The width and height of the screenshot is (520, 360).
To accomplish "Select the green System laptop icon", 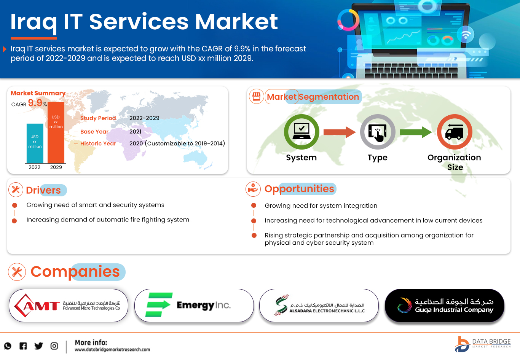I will pyautogui.click(x=301, y=132).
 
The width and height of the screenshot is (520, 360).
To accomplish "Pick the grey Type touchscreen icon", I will pyautogui.click(x=378, y=132).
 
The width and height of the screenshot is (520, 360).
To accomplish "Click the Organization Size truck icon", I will pyautogui.click(x=455, y=132).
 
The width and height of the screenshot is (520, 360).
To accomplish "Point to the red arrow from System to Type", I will pyautogui.click(x=339, y=132).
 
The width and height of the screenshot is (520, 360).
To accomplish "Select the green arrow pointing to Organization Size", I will pyautogui.click(x=415, y=132).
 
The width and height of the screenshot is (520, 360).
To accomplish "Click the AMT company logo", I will pyautogui.click(x=69, y=306).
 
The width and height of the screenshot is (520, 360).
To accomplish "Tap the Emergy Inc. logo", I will pyautogui.click(x=194, y=305).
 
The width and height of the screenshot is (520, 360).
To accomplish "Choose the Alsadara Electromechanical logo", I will pyautogui.click(x=319, y=305).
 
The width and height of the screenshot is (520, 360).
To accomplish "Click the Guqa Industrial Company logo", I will pyautogui.click(x=445, y=305).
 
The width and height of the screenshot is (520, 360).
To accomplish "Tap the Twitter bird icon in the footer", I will pyautogui.click(x=38, y=346).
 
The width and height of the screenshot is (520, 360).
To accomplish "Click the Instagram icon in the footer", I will pyautogui.click(x=54, y=346).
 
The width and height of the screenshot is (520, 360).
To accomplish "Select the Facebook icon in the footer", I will pyautogui.click(x=23, y=346).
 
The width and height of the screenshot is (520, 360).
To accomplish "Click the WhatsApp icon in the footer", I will pyautogui.click(x=8, y=346).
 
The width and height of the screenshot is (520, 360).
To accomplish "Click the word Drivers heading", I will pyautogui.click(x=43, y=190).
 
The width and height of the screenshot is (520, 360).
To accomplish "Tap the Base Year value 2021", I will pyautogui.click(x=135, y=132).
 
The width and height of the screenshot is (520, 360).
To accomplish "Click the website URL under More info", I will pyautogui.click(x=112, y=349).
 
